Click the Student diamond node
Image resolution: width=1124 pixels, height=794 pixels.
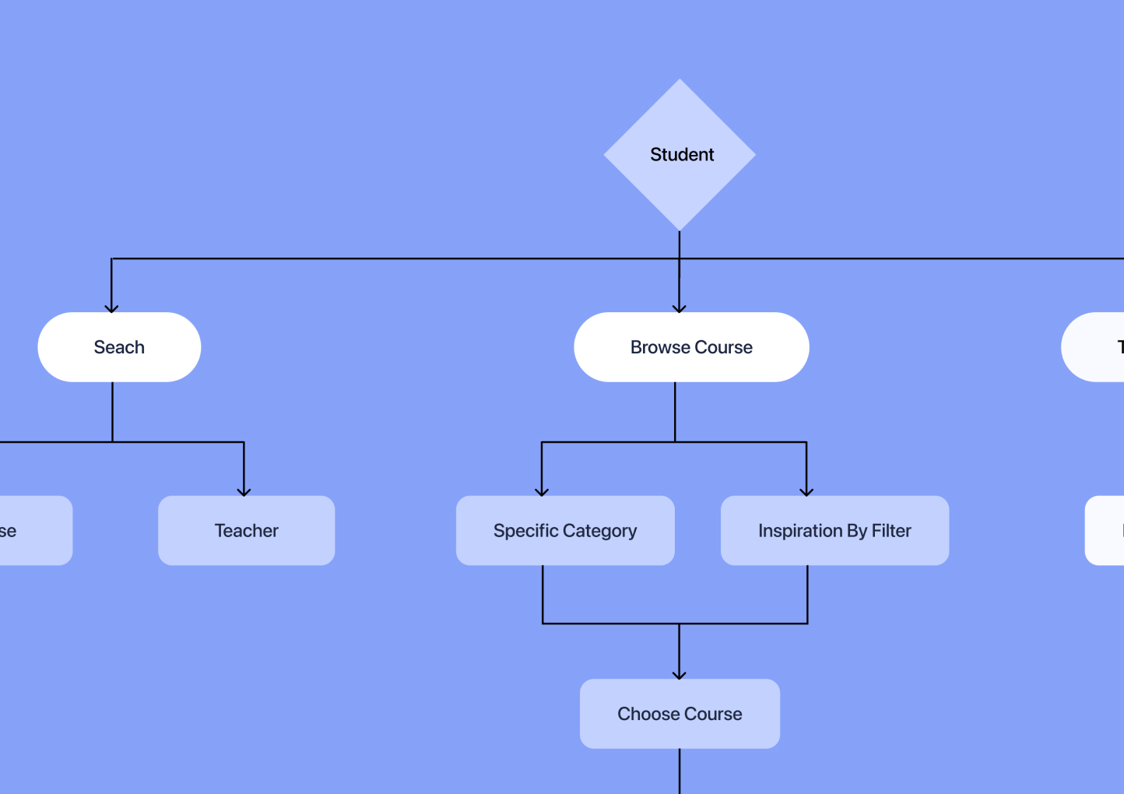(x=680, y=154)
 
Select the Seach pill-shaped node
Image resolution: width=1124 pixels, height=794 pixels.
(x=119, y=347)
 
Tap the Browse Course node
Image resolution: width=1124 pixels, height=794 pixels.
(x=691, y=347)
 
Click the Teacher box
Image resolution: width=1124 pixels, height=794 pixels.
(x=246, y=531)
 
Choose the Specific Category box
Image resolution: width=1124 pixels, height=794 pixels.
(x=565, y=531)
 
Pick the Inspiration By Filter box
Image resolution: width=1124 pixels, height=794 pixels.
(x=834, y=531)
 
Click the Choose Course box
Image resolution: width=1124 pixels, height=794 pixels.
(x=680, y=714)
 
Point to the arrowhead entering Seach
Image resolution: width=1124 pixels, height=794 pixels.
(x=112, y=308)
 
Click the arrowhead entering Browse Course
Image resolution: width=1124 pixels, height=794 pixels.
(x=680, y=308)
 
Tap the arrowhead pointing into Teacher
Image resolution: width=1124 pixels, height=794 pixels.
(x=244, y=492)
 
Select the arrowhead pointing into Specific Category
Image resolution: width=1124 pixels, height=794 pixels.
(x=542, y=492)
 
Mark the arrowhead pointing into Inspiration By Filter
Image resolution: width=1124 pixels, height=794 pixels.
(x=806, y=492)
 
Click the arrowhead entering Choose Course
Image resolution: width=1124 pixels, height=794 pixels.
(x=680, y=675)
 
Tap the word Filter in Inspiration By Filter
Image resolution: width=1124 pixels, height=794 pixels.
(x=891, y=531)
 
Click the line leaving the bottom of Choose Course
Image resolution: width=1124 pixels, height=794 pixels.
(x=680, y=772)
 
